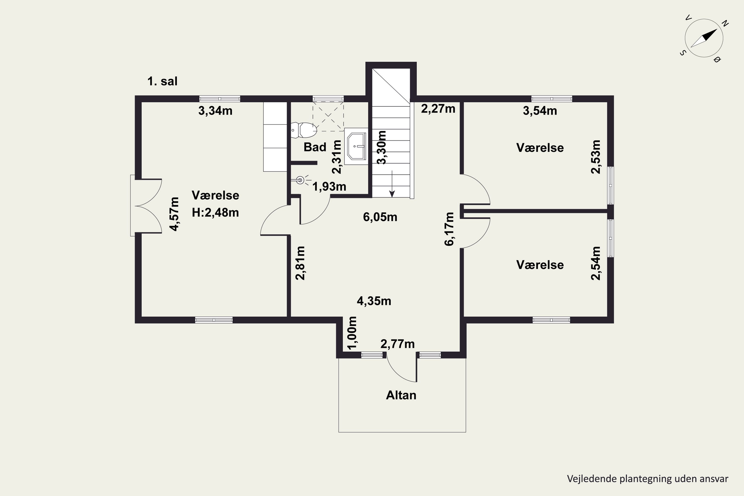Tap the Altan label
pos(401,395)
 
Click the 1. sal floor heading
pos(162,81)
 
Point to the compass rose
pos(704,38)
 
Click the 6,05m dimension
pos(380,217)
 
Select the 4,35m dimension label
pos(374,301)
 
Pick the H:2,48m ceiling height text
pos(215,213)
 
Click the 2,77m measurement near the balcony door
pos(397,344)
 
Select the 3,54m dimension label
pos(540,111)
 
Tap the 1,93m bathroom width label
pos(329,187)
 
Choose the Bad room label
pos(315,147)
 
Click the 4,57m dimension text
pos(174,214)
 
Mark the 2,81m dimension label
pos(300,263)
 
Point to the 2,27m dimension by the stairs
pos(438,109)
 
